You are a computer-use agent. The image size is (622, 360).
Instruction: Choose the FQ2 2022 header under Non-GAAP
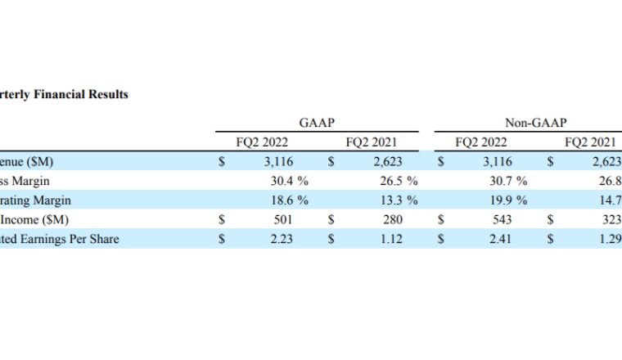[x=480, y=142]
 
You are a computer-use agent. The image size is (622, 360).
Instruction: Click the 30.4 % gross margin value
[x=291, y=181]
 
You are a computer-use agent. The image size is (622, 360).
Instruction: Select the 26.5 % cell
[x=400, y=181]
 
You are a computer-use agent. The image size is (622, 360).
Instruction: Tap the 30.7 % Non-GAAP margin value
[x=509, y=181]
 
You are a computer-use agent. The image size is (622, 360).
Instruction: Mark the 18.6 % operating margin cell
[x=291, y=200]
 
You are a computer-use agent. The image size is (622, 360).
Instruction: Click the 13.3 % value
[x=400, y=200]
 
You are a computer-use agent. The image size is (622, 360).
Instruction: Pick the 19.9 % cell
[x=509, y=200]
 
